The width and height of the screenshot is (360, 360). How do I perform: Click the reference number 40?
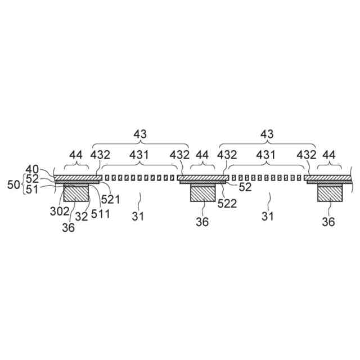point(32,169)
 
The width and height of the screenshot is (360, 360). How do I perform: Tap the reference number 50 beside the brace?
point(13,184)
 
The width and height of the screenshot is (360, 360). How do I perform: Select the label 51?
point(32,190)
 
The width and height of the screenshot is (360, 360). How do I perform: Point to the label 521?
point(111,199)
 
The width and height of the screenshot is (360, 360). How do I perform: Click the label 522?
point(227,204)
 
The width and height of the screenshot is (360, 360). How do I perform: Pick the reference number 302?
point(60,211)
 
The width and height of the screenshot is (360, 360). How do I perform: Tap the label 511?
point(100,214)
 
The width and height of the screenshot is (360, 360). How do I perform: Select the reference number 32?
point(82,217)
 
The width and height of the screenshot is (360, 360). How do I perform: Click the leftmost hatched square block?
point(76,193)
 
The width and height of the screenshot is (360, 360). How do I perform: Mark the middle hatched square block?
point(203,193)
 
